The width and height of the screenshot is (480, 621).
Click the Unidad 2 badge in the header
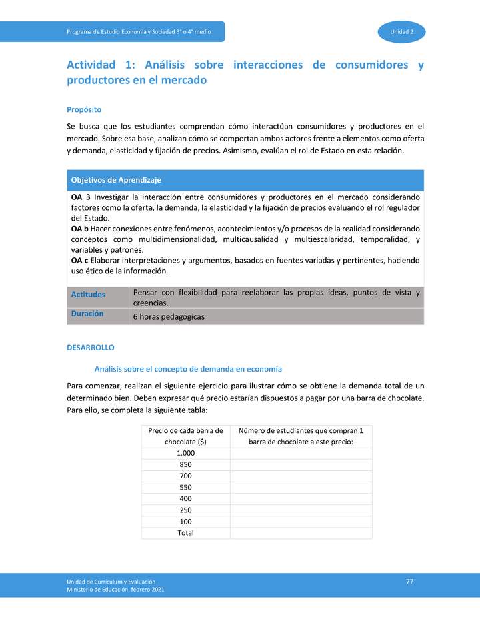pos(401,32)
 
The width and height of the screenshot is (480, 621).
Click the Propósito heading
pos(84,109)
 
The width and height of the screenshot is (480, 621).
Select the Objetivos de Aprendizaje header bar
pos(245,180)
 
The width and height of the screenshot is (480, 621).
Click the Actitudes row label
pos(88,294)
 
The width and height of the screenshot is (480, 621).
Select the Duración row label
pos(87,313)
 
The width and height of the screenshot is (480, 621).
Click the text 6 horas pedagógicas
pos(169,317)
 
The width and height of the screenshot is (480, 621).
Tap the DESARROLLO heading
pos(91,348)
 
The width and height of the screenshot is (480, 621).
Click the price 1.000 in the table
pos(185,454)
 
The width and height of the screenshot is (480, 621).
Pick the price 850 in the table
pos(185,465)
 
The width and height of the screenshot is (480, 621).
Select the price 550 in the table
pos(185,488)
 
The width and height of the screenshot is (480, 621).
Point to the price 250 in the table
pos(185,510)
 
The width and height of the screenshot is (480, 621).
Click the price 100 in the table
pos(185,522)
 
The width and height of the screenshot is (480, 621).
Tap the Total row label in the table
pos(185,533)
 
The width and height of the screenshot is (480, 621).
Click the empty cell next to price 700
pos(301,476)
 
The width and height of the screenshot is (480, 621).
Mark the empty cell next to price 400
pos(301,499)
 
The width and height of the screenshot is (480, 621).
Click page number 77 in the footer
pos(409,582)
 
